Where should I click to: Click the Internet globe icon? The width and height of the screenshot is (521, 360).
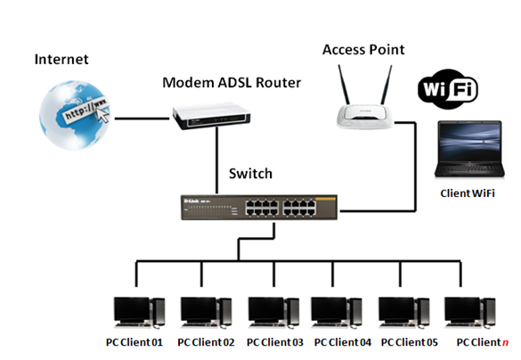pyautogui.click(x=75, y=114)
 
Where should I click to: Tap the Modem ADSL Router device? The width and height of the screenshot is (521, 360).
pyautogui.click(x=211, y=117)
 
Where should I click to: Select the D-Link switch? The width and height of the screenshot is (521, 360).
pyautogui.click(x=259, y=207)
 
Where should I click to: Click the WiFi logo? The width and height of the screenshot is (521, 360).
pyautogui.click(x=448, y=89)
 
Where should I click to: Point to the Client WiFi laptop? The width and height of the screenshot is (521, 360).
pyautogui.click(x=469, y=149)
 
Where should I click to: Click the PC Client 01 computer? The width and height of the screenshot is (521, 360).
pyautogui.click(x=139, y=313)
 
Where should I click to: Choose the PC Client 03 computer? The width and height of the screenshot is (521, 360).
pyautogui.click(x=273, y=313)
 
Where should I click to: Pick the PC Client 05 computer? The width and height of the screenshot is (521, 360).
pyautogui.click(x=404, y=313)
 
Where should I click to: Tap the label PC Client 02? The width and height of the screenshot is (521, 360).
pyautogui.click(x=206, y=342)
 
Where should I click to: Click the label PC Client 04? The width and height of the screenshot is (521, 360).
pyautogui.click(x=343, y=342)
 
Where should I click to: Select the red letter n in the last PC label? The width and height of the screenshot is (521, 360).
pyautogui.click(x=505, y=343)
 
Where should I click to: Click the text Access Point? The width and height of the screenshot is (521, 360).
pyautogui.click(x=363, y=50)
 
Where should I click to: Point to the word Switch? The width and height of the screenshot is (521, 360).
pyautogui.click(x=250, y=174)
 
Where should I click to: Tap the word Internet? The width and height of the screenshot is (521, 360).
pyautogui.click(x=61, y=60)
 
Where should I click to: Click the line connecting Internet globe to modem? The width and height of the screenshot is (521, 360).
pyautogui.click(x=142, y=119)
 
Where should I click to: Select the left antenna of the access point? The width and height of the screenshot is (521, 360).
pyautogui.click(x=344, y=85)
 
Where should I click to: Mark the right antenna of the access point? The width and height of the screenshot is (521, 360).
pyautogui.click(x=387, y=85)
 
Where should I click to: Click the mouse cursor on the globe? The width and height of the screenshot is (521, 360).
pyautogui.click(x=103, y=115)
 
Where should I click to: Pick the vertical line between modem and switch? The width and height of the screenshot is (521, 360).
pyautogui.click(x=217, y=160)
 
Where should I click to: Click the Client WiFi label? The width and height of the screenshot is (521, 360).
pyautogui.click(x=468, y=193)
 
